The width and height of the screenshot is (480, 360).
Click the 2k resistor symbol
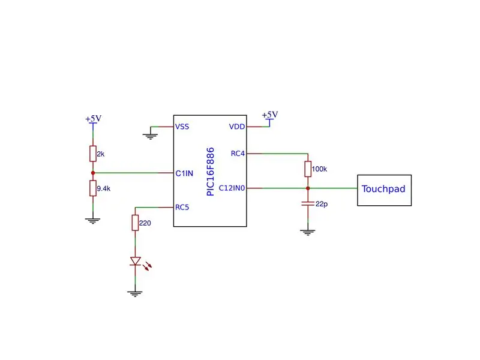click(93, 154)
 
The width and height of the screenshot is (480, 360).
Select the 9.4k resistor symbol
click(93, 188)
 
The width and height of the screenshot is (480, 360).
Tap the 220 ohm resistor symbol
click(136, 223)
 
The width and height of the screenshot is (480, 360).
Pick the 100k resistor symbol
click(308, 169)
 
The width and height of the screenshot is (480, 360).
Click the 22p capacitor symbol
click(308, 203)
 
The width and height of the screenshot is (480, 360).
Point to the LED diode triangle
click(136, 261)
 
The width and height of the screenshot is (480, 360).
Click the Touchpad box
click(384, 190)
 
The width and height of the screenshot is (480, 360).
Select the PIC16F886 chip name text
click(211, 172)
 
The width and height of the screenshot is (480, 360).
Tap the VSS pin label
click(182, 127)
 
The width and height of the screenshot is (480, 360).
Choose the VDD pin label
click(237, 127)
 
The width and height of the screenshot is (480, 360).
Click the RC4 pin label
click(238, 154)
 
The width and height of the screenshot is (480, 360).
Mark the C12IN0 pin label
click(232, 188)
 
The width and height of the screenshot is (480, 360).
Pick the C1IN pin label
click(184, 173)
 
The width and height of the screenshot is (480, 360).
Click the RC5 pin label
click(182, 207)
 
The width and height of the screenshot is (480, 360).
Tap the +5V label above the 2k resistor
click(94, 118)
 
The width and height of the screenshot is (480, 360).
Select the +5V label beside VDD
click(270, 115)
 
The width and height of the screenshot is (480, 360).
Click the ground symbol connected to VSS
click(151, 137)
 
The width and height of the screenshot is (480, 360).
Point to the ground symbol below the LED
click(135, 294)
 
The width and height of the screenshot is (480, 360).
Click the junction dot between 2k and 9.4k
click(93, 173)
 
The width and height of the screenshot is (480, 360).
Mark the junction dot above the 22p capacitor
click(308, 188)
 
